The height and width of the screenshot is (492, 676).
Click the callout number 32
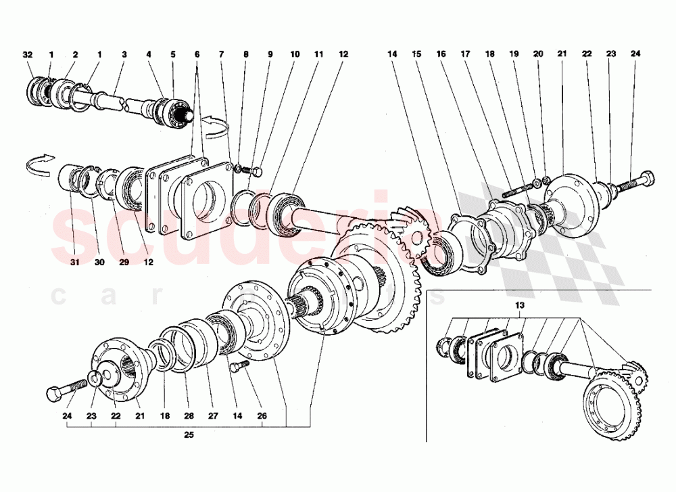pyautogui.click(x=27, y=53)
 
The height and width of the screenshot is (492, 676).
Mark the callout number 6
pyautogui.click(x=197, y=53)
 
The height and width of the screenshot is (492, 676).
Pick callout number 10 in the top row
pyautogui.click(x=294, y=53)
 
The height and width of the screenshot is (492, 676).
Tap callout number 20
pyautogui.click(x=538, y=53)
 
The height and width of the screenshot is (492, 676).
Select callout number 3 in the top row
pyautogui.click(x=124, y=53)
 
